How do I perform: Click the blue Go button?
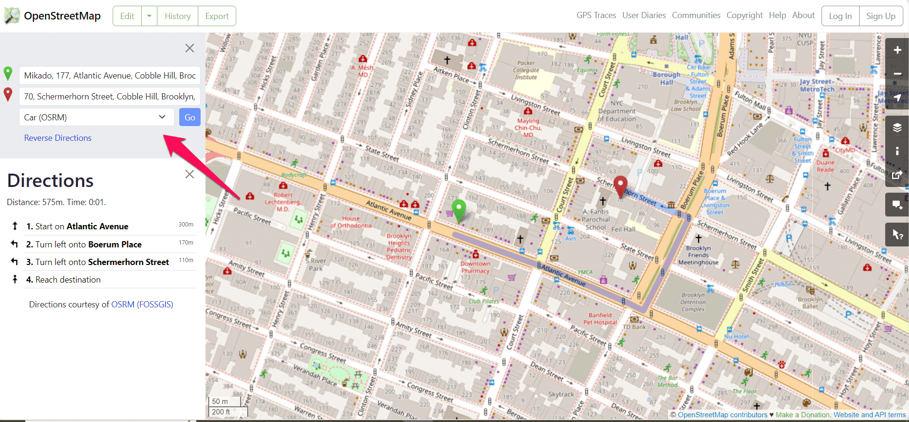[190, 118]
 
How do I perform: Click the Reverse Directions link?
[58, 138]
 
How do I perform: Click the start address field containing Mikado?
[110, 76]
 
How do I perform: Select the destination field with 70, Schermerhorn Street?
[110, 97]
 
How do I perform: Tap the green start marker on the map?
[459, 209]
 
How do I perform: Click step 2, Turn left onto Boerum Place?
[88, 245]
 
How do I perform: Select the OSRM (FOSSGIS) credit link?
[142, 304]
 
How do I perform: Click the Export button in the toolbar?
[217, 16]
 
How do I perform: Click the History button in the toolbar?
[177, 16]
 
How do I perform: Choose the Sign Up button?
[880, 16]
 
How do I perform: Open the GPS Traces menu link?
[596, 15]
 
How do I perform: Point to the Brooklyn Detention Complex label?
[693, 302]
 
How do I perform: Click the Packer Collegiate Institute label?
[526, 70]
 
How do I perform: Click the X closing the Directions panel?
[190, 174]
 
